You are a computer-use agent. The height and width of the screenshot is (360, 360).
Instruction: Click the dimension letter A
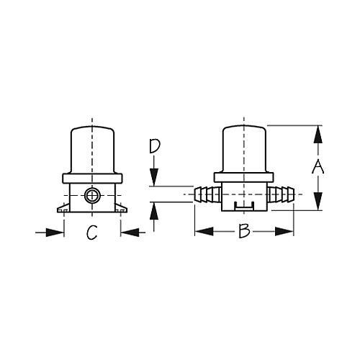pyautogui.click(x=318, y=168)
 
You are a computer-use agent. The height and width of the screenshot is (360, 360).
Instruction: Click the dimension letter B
pyautogui.click(x=243, y=232)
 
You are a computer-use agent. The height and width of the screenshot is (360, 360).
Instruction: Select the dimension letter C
pyautogui.click(x=91, y=232)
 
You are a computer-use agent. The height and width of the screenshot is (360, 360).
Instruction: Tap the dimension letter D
pyautogui.click(x=153, y=147)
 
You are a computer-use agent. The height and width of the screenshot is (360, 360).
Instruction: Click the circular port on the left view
pyautogui.click(x=91, y=194)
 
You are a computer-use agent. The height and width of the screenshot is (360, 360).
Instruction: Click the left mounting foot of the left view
pyautogui.click(x=60, y=209)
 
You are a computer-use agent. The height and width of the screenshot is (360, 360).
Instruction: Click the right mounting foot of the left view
pyautogui.click(x=123, y=209)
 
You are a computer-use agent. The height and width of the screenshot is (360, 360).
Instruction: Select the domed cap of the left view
pyautogui.click(x=91, y=149)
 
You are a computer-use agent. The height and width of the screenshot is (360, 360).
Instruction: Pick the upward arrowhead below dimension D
pyautogui.click(x=153, y=210)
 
